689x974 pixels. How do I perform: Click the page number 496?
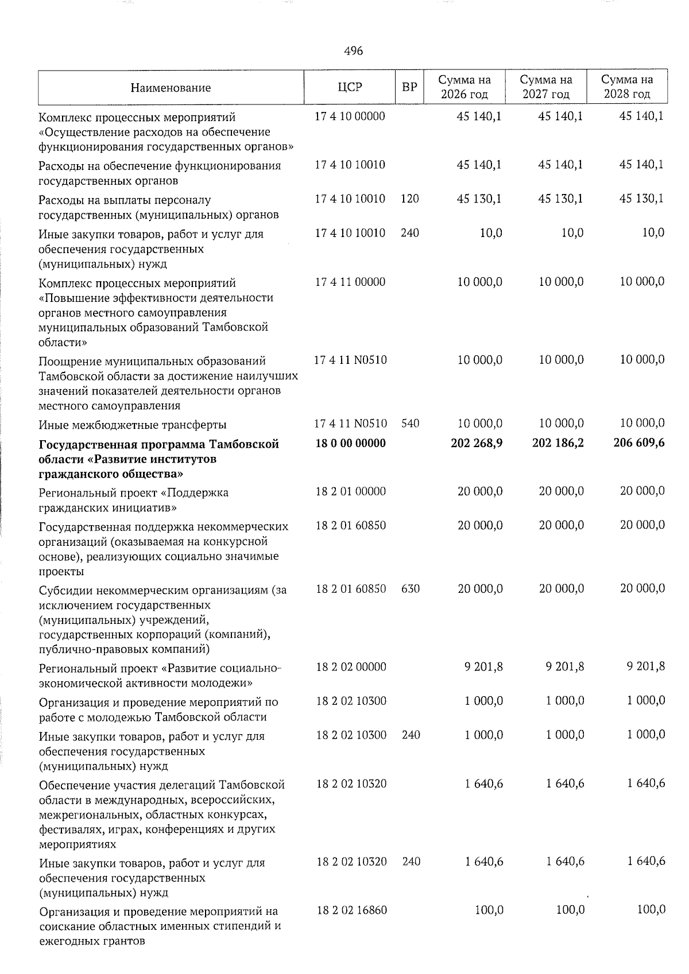pos(353,51)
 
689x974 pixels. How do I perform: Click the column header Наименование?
pos(171,88)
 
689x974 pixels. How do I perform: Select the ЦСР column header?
pos(350,87)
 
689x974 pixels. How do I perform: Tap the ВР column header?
pos(409,87)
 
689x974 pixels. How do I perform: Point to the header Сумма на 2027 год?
pos(545,87)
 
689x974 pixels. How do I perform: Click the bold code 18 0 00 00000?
pos(350,443)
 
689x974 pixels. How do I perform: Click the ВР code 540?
pos(411,424)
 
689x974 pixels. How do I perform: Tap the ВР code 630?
pos(411,588)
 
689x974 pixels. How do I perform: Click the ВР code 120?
pos(411,199)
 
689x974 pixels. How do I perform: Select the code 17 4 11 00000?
pos(350,282)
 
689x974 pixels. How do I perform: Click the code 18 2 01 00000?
pos(351,491)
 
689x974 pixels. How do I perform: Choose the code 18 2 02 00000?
pos(351,667)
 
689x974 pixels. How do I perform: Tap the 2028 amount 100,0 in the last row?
pos(651,910)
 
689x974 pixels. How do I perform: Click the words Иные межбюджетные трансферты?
pos(133,425)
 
